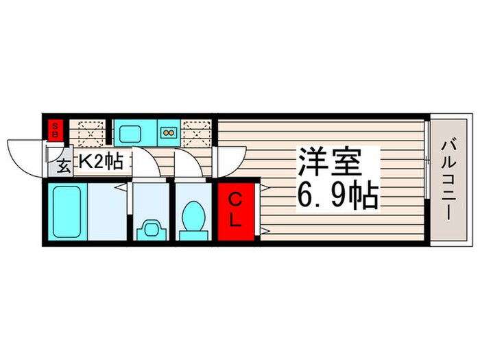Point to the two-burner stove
click(168, 130)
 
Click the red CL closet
click(235, 211)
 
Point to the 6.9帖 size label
click(337, 197)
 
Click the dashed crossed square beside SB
click(90, 131)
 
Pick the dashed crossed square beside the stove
click(199, 130)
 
